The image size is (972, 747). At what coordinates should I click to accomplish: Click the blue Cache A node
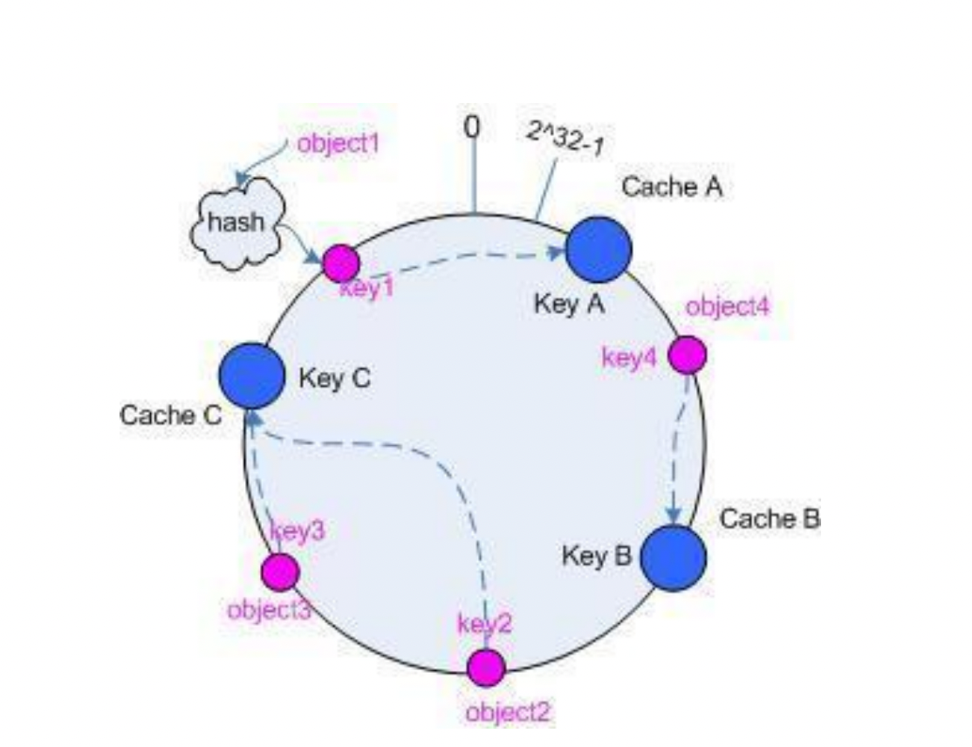coord(599,250)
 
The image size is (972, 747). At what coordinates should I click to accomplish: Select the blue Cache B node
coord(674,558)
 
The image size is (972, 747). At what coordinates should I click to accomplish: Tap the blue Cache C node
coord(251,375)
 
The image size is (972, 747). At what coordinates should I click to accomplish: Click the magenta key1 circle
coord(341,263)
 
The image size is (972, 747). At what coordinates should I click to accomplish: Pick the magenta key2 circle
coord(486,668)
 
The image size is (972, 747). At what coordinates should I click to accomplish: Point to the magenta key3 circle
coord(280,572)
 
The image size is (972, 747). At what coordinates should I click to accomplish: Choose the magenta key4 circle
coord(688,355)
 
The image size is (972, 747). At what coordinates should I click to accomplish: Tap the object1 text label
coord(339,143)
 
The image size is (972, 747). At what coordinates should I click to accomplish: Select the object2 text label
coord(509,712)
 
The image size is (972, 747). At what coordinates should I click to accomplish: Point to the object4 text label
coord(728,307)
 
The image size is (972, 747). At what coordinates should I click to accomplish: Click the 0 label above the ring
coord(471,127)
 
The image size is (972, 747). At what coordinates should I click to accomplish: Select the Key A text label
coord(568,305)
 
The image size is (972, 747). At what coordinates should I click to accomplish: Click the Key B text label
coord(596,556)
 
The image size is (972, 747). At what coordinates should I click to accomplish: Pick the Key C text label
coord(335,379)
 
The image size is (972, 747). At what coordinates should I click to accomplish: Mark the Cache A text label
coord(672,186)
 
